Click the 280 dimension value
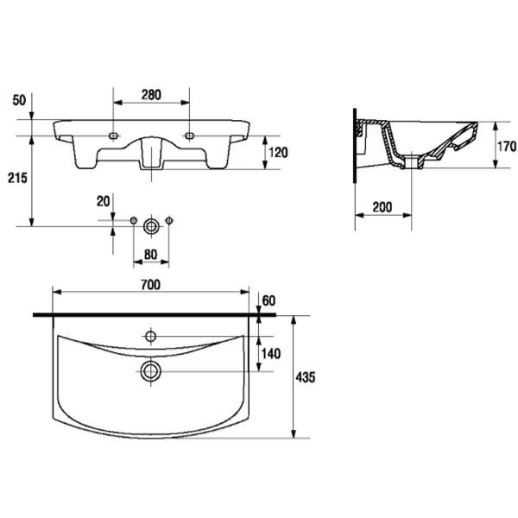point(151,95)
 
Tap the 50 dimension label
point(19,100)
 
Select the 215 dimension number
point(17,178)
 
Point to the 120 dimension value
point(278,153)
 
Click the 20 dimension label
point(103,201)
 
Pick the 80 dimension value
point(150,255)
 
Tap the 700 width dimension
point(150,285)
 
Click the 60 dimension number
point(268,300)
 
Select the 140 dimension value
point(271,354)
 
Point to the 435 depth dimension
point(306,377)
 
